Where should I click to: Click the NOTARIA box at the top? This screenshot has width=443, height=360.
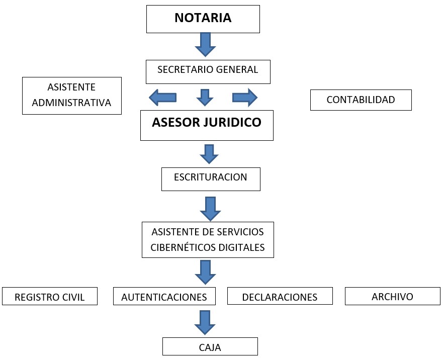pyautogui.click(x=203, y=19)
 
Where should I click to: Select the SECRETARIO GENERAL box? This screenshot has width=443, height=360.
pyautogui.click(x=208, y=72)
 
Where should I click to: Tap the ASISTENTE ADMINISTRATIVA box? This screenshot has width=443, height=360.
pyautogui.click(x=72, y=96)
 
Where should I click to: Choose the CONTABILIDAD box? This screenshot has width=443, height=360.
pyautogui.click(x=361, y=100)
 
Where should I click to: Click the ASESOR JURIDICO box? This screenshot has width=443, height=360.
pyautogui.click(x=207, y=126)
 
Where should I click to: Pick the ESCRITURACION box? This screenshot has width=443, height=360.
pyautogui.click(x=211, y=179)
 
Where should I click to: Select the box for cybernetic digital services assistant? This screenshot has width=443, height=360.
pyautogui.click(x=208, y=240)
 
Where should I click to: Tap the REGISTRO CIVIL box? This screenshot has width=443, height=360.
pyautogui.click(x=50, y=296)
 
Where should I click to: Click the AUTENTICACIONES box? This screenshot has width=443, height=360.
pyautogui.click(x=164, y=296)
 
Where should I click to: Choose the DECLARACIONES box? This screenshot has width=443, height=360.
pyautogui.click(x=280, y=296)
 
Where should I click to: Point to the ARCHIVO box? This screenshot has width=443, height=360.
pyautogui.click(x=393, y=296)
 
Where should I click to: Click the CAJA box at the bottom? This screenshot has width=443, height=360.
pyautogui.click(x=210, y=346)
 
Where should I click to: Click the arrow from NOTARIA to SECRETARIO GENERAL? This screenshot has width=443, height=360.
pyautogui.click(x=205, y=45)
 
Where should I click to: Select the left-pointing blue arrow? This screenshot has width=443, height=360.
pyautogui.click(x=162, y=98)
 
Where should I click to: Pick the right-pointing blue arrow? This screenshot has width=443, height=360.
pyautogui.click(x=245, y=98)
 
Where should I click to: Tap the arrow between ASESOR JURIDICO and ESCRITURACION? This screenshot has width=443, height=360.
pyautogui.click(x=209, y=154)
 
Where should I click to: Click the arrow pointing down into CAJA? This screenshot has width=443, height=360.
pyautogui.click(x=205, y=323)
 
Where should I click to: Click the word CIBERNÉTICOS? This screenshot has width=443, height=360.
pyautogui.click(x=184, y=247)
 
